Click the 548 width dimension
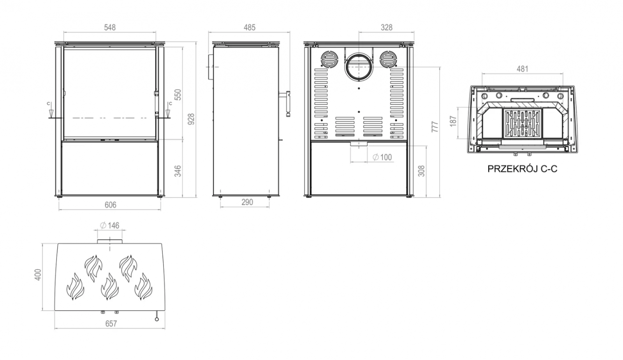(110, 28)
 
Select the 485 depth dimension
(250, 28)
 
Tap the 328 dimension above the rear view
(387, 28)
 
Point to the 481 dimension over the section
(522, 68)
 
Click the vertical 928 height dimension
(191, 119)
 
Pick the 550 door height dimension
(178, 95)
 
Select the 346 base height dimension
(178, 171)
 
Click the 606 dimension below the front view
(111, 205)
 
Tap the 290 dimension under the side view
(247, 202)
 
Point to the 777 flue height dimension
(435, 127)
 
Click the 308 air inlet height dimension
(422, 171)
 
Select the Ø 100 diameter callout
(382, 157)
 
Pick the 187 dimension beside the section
(453, 121)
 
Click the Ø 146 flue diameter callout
(109, 225)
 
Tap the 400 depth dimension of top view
(38, 275)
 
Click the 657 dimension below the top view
(111, 323)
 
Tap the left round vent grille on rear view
(329, 59)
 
